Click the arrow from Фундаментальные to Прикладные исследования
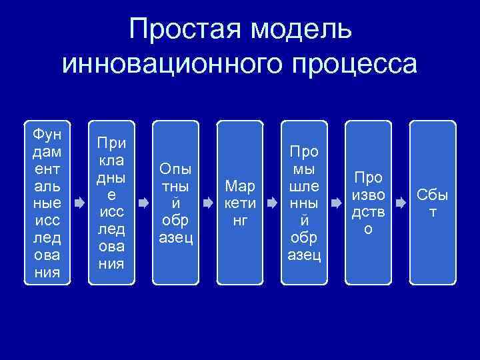point(79,201)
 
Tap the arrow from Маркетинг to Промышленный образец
point(272,201)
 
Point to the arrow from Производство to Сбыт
point(401,201)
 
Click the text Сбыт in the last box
point(433,203)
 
